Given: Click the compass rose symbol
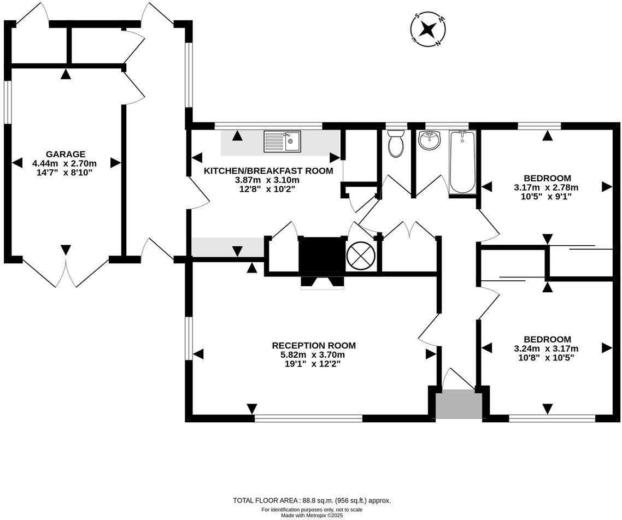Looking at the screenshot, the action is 428,29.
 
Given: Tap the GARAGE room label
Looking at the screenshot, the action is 66,154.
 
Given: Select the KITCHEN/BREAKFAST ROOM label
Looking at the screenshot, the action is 268,171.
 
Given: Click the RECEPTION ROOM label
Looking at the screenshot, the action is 314,346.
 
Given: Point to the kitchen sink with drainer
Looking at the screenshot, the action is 283,141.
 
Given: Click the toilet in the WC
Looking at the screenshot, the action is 396,143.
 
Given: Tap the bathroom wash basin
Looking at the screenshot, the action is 429,141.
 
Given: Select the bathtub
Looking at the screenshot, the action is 462,162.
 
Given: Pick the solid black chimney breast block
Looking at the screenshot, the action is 322,255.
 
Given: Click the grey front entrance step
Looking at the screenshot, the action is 459,404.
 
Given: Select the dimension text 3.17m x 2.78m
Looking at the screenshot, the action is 546,187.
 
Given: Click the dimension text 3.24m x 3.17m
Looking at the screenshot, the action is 546,349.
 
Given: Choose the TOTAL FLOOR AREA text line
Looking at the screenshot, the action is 312,500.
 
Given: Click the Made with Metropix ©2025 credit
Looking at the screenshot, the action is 312,516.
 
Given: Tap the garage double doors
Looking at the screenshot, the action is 66,271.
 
